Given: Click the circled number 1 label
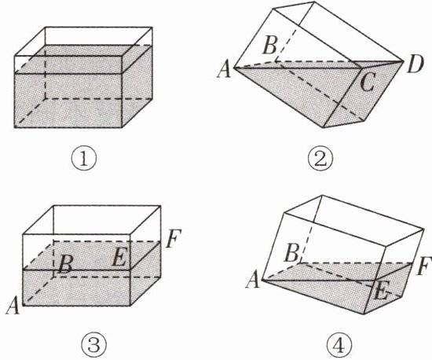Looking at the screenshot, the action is click(x=84, y=160).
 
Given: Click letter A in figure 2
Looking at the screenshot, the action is click(x=225, y=70).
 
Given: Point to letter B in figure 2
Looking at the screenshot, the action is click(x=269, y=46).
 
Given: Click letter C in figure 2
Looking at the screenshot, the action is click(x=368, y=83).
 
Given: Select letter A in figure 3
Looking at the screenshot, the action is click(x=13, y=306).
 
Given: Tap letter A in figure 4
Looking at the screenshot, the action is click(x=253, y=281).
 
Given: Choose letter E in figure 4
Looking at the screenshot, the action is click(x=381, y=292).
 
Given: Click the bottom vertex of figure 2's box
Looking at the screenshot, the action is click(x=324, y=127).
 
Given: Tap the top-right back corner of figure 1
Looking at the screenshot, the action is click(x=152, y=27).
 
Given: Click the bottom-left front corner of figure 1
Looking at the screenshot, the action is click(x=14, y=127).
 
